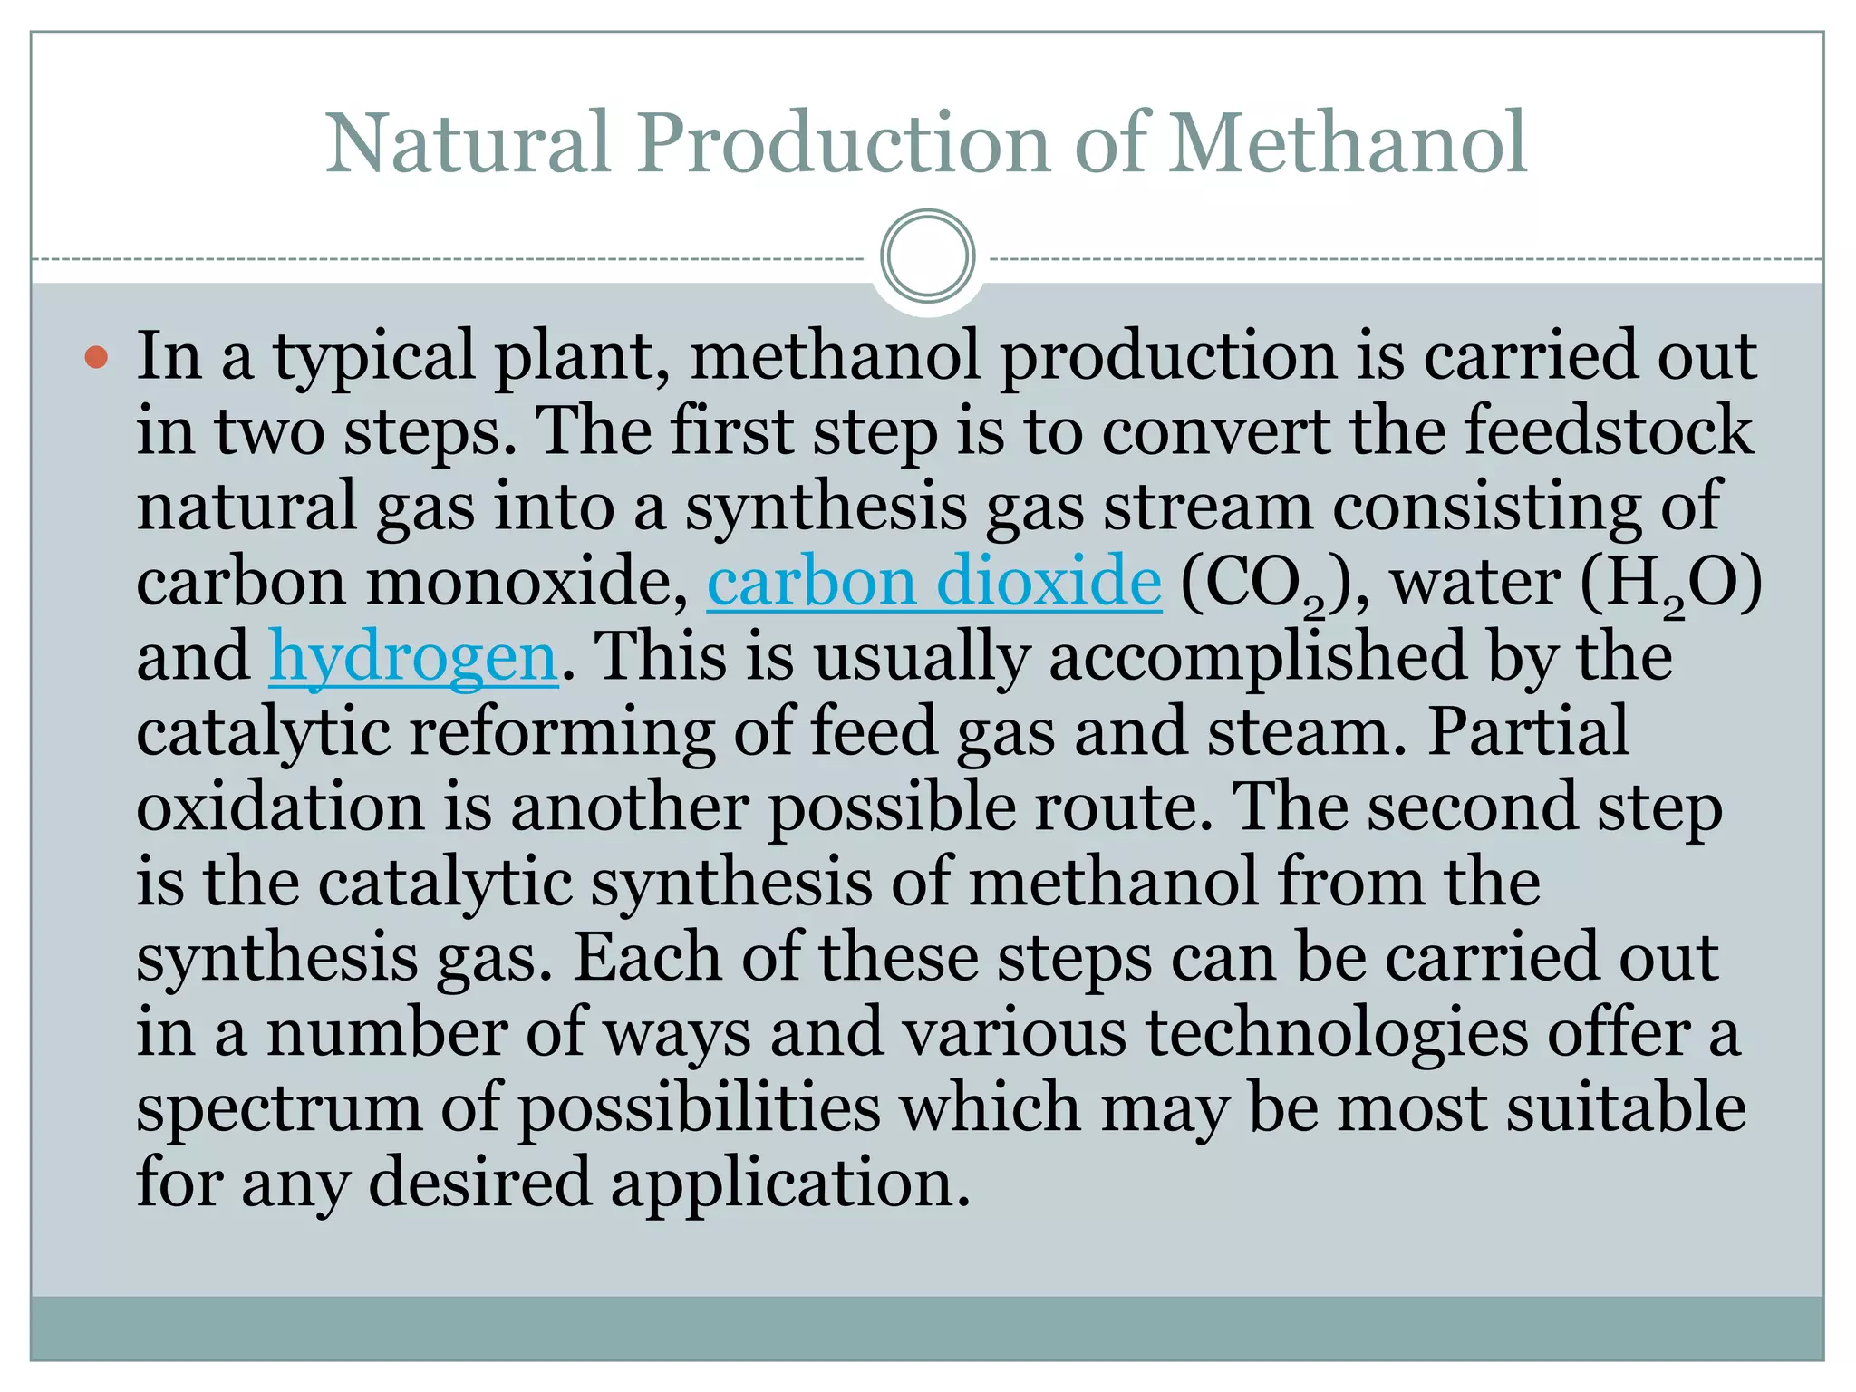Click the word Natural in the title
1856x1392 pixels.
pyautogui.click(x=468, y=143)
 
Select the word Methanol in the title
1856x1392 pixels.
pyautogui.click(x=1348, y=143)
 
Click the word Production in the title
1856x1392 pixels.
pyautogui.click(x=843, y=143)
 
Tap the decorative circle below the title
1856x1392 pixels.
pyautogui.click(x=927, y=256)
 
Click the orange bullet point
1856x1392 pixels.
pyautogui.click(x=96, y=357)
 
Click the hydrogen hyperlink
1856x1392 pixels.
pyautogui.click(x=413, y=656)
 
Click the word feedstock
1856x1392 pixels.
pyautogui.click(x=1608, y=430)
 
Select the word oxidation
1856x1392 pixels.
pyautogui.click(x=280, y=807)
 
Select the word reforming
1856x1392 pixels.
pyautogui.click(x=562, y=733)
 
